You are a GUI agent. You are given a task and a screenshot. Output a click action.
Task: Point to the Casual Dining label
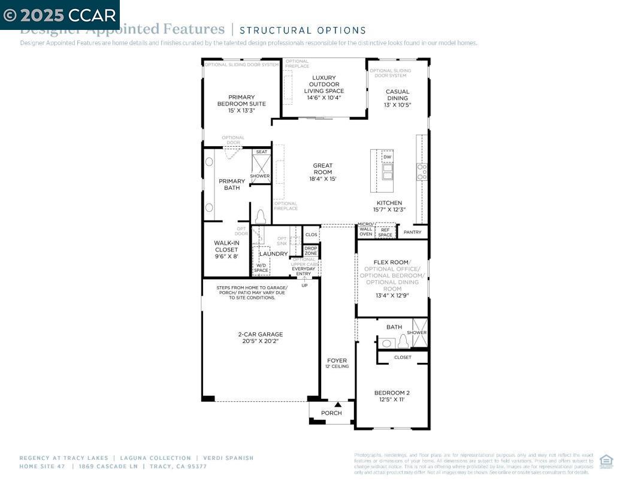pyautogui.click(x=397, y=95)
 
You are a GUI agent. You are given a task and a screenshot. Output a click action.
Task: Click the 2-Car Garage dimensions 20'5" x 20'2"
pyautogui.click(x=260, y=341)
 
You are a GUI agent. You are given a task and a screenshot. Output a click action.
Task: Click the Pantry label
pyautogui.click(x=412, y=232)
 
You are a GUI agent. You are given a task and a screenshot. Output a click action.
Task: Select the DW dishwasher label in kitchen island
pyautogui.click(x=388, y=157)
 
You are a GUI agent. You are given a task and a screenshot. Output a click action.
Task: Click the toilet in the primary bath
pyautogui.click(x=260, y=217)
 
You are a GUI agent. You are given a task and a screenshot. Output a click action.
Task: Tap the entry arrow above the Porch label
pyautogui.click(x=337, y=405)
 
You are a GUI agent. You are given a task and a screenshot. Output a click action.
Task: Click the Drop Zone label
pyautogui.click(x=311, y=251)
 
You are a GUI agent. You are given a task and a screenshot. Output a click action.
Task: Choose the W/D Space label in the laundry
pyautogui.click(x=261, y=268)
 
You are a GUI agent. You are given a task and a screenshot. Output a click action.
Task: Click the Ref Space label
pyautogui.click(x=385, y=232)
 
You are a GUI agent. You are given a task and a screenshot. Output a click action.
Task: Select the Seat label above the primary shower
pyautogui.click(x=261, y=152)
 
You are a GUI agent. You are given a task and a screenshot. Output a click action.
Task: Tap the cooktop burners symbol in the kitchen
pyautogui.click(x=422, y=172)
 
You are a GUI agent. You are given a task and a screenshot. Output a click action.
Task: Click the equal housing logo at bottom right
pyautogui.click(x=606, y=461)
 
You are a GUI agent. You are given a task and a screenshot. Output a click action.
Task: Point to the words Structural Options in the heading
pyautogui.click(x=303, y=30)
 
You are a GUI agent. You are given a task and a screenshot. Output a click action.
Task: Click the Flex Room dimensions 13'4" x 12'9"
pyautogui.click(x=392, y=295)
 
